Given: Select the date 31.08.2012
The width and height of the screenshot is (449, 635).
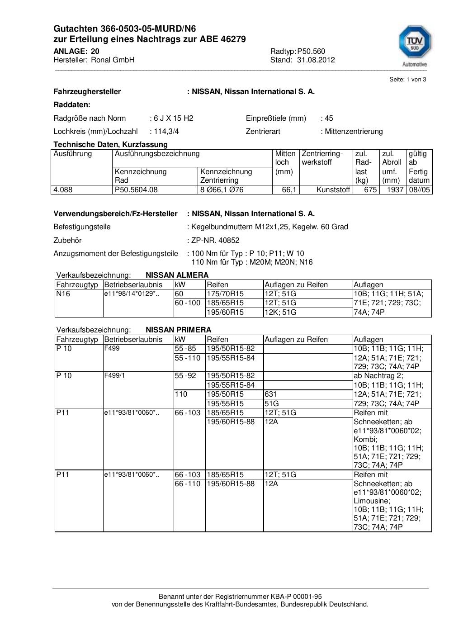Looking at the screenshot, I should pyautogui.click(x=316, y=60).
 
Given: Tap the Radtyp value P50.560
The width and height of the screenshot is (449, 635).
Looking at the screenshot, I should pyautogui.click(x=311, y=51).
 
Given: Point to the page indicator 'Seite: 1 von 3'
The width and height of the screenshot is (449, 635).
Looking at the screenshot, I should pyautogui.click(x=407, y=80).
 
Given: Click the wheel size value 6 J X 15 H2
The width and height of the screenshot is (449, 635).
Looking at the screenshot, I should pyautogui.click(x=173, y=118).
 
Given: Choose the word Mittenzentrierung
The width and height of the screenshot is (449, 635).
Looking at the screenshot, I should pyautogui.click(x=354, y=131).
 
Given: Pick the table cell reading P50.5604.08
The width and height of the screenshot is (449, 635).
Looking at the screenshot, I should pyautogui.click(x=136, y=190).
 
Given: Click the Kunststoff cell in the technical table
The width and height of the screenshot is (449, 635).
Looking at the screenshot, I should pyautogui.click(x=333, y=190).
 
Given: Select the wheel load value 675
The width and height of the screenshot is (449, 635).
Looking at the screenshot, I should pyautogui.click(x=370, y=190).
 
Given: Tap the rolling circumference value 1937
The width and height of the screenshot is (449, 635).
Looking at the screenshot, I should pyautogui.click(x=395, y=190).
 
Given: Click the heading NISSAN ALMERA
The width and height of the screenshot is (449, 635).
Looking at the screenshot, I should pyautogui.click(x=177, y=275).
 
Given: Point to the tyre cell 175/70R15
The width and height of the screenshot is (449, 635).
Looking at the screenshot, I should pyautogui.click(x=225, y=294).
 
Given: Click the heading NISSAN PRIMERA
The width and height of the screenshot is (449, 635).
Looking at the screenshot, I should pyautogui.click(x=178, y=330).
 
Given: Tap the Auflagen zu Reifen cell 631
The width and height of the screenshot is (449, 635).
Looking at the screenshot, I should pyautogui.click(x=271, y=394).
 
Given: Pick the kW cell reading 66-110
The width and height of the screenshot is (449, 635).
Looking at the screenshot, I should pyautogui.click(x=187, y=483).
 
